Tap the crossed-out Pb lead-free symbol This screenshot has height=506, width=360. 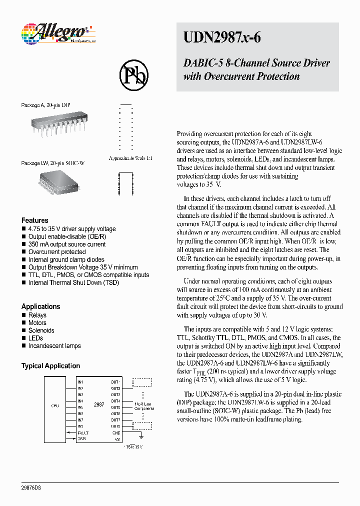[x=133, y=75]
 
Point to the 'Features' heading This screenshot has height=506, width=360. [x=34, y=220]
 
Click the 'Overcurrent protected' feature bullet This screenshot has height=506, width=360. [x=56, y=252]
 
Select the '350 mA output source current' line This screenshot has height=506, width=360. [x=66, y=244]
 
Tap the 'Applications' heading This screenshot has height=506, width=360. [x=40, y=306]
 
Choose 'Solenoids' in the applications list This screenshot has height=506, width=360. [x=41, y=330]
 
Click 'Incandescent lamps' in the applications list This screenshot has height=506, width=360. [x=54, y=346]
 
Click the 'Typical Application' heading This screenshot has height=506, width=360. [x=50, y=366]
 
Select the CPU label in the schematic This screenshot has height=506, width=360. [x=55, y=406]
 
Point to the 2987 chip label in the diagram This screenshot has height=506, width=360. [x=99, y=404]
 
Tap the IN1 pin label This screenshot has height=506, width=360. [x=80, y=382]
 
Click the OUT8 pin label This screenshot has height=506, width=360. [x=115, y=426]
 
